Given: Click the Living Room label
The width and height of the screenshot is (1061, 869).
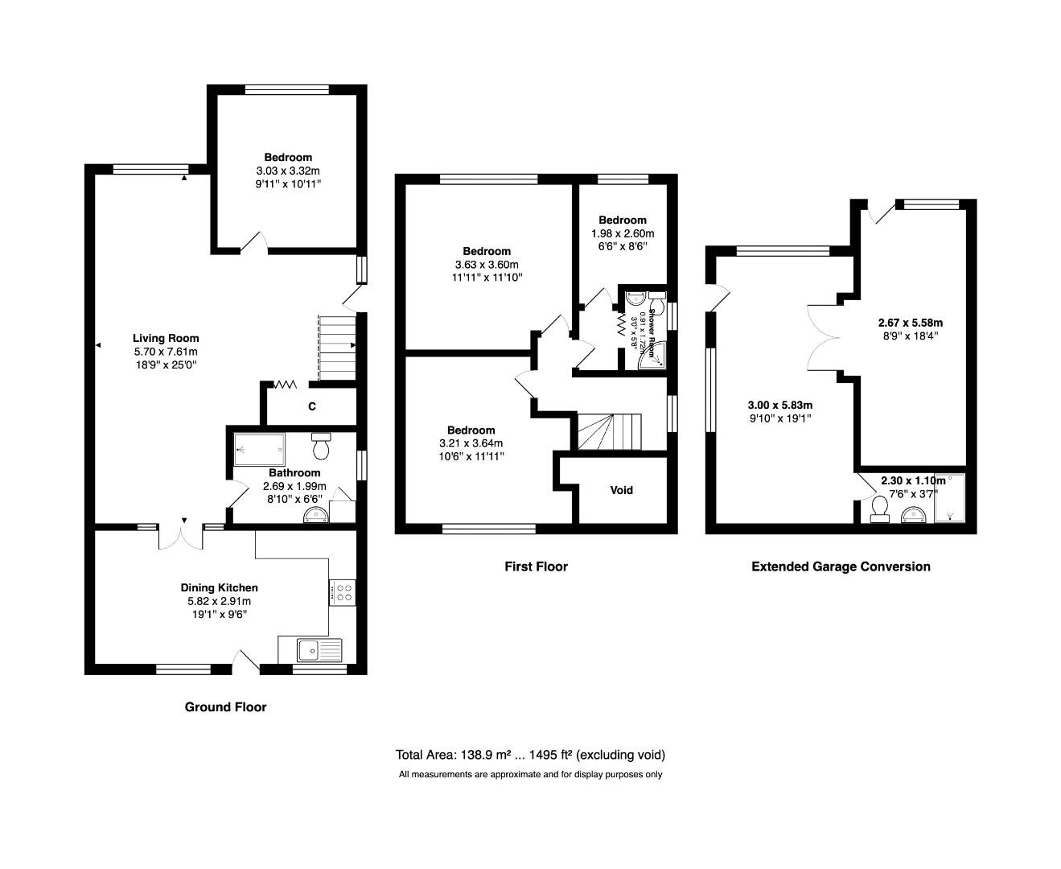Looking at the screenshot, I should pyautogui.click(x=165, y=338).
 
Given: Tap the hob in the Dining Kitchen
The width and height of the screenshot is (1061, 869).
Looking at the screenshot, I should pyautogui.click(x=343, y=593).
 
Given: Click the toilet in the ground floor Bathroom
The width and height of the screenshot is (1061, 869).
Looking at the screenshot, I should pyautogui.click(x=321, y=445).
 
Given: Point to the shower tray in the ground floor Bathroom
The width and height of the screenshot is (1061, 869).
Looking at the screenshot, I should pyautogui.click(x=259, y=450).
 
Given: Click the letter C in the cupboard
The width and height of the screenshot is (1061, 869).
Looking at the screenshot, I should pyautogui.click(x=311, y=407).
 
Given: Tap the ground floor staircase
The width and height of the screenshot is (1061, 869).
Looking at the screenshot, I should pyautogui.click(x=336, y=348).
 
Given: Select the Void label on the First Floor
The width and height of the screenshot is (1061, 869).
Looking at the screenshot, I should pyautogui.click(x=621, y=490).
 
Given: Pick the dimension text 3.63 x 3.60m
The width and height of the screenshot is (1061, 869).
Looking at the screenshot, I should pyautogui.click(x=486, y=265).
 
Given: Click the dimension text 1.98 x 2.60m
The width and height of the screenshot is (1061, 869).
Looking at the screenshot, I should pyautogui.click(x=622, y=233).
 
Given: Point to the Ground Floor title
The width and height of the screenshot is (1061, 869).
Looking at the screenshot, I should pyautogui.click(x=225, y=707).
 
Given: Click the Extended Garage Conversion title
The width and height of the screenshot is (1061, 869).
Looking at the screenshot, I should pyautogui.click(x=841, y=566).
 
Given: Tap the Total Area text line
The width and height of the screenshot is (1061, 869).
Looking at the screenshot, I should pyautogui.click(x=530, y=755).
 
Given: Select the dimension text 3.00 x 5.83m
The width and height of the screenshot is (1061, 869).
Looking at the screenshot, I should pyautogui.click(x=780, y=405).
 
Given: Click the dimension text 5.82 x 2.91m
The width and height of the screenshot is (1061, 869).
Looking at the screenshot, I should pyautogui.click(x=219, y=601).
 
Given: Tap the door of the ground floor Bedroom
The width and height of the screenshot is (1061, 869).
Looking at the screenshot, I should pyautogui.click(x=255, y=241).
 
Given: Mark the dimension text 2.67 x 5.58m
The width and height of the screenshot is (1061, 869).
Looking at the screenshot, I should pyautogui.click(x=910, y=323).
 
